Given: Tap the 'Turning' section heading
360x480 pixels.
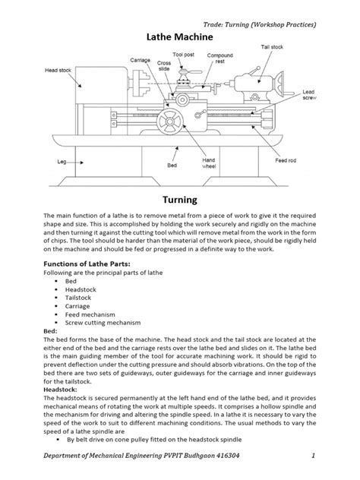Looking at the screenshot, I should [x=180, y=200].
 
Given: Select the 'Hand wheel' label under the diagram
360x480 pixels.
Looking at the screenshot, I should [x=209, y=164].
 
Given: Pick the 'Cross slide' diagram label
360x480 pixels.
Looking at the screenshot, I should [x=163, y=65].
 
